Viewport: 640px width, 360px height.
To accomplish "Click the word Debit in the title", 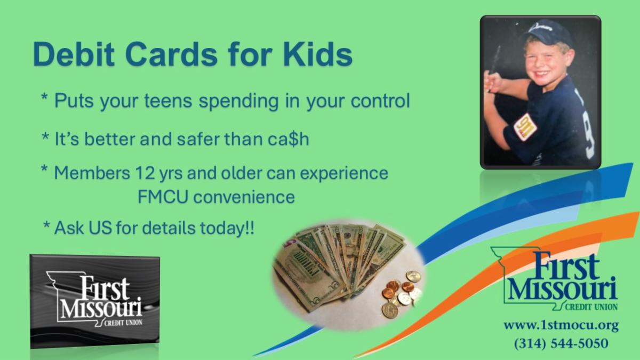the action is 74,54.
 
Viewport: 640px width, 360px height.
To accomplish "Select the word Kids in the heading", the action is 318,54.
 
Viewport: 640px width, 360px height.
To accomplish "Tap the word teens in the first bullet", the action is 168,101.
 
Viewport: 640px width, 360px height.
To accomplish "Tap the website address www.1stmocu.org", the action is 561,325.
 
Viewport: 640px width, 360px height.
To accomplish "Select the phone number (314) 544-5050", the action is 561,343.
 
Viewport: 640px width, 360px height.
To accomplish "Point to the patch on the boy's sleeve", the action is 525,126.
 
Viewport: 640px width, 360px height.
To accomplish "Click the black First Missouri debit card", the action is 95,301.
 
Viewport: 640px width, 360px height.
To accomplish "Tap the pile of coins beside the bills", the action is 402,294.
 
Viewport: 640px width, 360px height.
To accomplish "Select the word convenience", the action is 244,197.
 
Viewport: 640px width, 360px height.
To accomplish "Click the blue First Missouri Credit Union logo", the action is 554,279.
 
